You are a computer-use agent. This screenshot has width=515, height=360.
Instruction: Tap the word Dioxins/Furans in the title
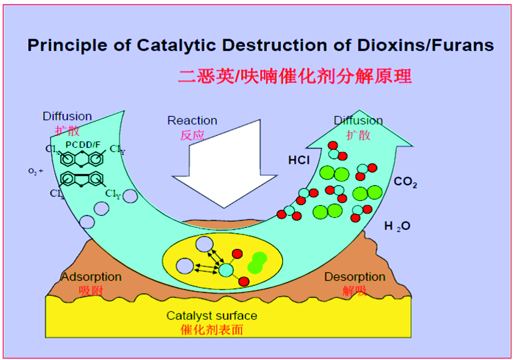423,45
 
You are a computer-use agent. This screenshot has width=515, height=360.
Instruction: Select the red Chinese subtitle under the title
295,75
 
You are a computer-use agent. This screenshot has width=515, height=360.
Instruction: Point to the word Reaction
192,121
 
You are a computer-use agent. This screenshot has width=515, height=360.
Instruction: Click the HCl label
299,160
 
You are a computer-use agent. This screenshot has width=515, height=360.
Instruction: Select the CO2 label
405,182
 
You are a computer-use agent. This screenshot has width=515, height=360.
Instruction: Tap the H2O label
397,227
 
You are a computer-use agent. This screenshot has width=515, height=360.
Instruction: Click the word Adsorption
91,277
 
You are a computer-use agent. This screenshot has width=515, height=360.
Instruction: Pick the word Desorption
355,277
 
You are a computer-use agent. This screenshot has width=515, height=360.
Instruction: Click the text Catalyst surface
212,316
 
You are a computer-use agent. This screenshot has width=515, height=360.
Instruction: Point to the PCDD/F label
83,145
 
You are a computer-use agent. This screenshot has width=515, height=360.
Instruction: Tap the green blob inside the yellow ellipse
257,263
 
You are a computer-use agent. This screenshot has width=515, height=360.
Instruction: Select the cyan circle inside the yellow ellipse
226,270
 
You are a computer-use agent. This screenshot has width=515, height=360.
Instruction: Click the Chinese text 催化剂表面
212,329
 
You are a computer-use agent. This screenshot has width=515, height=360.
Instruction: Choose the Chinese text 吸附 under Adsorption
91,291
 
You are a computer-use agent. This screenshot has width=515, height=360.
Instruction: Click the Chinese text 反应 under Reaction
192,135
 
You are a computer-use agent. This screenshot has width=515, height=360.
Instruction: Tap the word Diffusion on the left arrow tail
67,116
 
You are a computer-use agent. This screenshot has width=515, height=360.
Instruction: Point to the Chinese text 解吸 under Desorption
355,291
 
